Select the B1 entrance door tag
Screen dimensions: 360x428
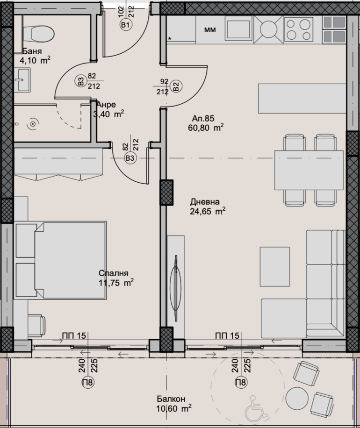pos(125,25)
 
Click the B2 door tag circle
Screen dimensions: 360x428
pos(176,87)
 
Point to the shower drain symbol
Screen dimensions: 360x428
pos(33,124)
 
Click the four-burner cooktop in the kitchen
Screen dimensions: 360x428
pos(298,29)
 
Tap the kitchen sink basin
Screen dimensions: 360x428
pos(238,29)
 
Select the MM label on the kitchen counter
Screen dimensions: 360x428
pos(210,30)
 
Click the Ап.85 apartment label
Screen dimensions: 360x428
pos(203,119)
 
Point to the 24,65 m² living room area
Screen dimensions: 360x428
pos(208,211)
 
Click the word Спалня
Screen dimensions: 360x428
pos(113,273)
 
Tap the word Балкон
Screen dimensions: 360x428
pos(171,399)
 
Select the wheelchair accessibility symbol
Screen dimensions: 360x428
pos(256,405)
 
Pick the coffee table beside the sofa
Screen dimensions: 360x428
pos(275,266)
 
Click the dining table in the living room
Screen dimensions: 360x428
pos(309,170)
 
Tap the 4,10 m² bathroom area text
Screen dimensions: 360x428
pos(35,60)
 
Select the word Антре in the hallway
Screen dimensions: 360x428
pos(107,105)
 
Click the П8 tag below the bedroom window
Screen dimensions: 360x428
pos(88,382)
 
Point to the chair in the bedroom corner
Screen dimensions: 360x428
pos(36,327)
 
